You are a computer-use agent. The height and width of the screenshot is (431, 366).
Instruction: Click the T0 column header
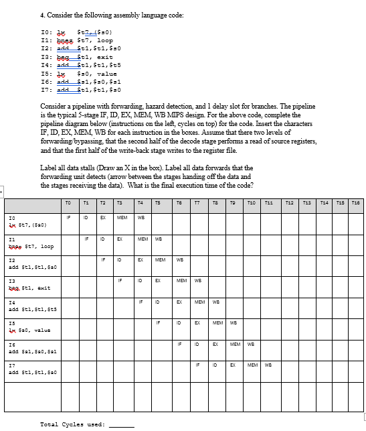pyautogui.click(x=69, y=202)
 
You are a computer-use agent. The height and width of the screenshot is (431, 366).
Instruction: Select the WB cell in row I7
pyautogui.click(x=267, y=365)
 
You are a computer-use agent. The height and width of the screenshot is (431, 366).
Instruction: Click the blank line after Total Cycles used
pyautogui.click(x=121, y=424)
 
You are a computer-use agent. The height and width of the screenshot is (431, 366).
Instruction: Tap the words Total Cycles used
pyautogui.click(x=72, y=424)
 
